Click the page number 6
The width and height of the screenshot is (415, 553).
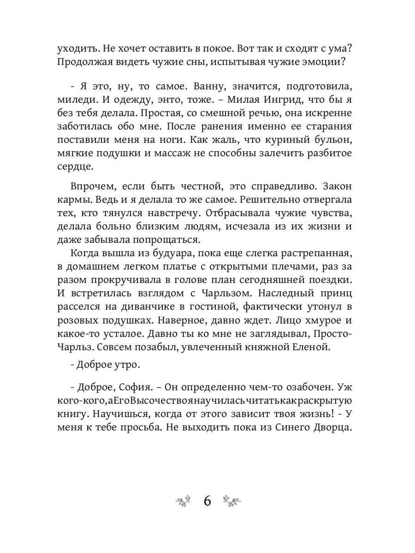click(207, 501)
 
